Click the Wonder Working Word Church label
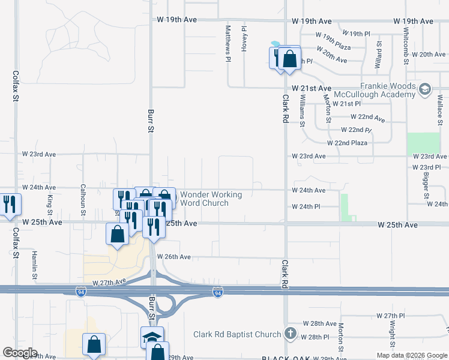pos(211,199)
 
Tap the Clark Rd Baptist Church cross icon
pos(290,334)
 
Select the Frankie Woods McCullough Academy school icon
pos(425,90)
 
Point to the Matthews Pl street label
pos(228,43)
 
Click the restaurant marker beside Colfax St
pos(10,204)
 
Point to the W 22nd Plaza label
pos(347,143)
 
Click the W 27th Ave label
pos(109,281)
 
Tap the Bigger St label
pos(426,187)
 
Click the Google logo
pos(20,353)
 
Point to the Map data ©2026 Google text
pos(411,355)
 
